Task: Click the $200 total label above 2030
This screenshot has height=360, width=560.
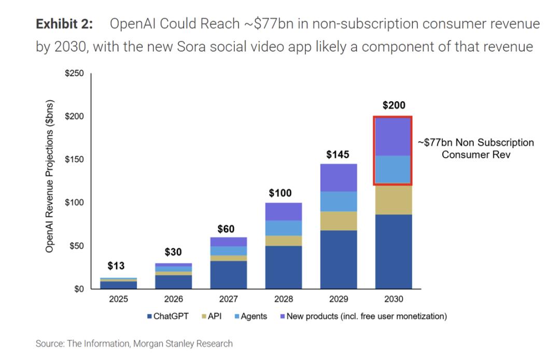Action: tap(394, 106)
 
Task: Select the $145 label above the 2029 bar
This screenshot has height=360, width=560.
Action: tap(338, 155)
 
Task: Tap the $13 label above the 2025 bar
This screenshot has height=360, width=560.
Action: tap(116, 266)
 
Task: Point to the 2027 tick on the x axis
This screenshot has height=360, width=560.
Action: tap(228, 299)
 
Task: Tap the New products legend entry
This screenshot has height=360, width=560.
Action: tap(362, 316)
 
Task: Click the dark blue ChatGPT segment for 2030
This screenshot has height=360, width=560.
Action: tap(394, 252)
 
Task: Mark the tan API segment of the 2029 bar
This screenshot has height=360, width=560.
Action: tap(338, 221)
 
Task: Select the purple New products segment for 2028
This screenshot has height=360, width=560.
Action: tap(284, 211)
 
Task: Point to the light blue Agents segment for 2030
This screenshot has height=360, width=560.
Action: tap(394, 170)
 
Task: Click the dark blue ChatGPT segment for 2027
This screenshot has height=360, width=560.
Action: tap(228, 275)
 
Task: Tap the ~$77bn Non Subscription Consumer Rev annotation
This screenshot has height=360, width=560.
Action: tap(476, 148)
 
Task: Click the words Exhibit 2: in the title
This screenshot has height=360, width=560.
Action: tap(65, 24)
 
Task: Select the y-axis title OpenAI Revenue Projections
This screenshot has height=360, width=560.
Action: tap(50, 176)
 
